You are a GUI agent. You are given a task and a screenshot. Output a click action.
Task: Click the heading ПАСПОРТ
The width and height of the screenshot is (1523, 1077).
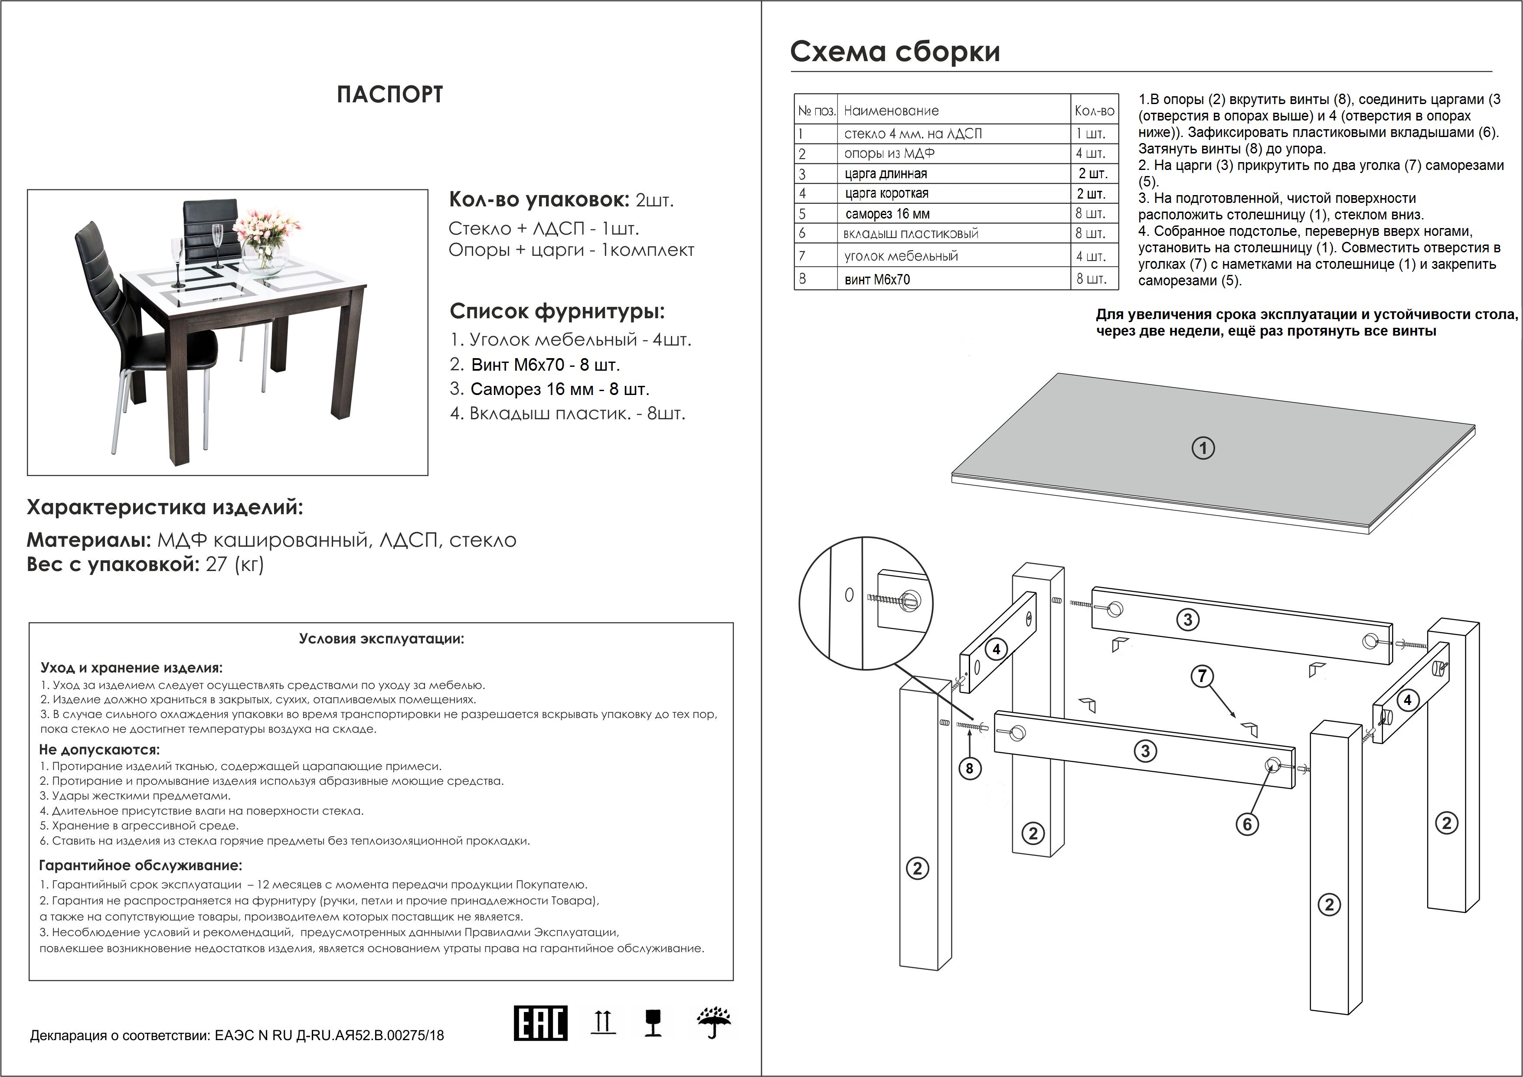389,95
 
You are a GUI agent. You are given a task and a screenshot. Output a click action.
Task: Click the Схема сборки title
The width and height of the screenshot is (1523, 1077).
895,52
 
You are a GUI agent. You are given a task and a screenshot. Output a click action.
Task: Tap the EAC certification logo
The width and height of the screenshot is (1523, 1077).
541,1023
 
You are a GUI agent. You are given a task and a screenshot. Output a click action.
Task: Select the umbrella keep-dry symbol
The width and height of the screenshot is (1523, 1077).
714,1023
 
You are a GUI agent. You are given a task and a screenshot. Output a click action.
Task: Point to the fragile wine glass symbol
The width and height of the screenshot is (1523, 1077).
654,1023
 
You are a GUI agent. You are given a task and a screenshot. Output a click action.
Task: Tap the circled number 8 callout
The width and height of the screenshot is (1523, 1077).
970,768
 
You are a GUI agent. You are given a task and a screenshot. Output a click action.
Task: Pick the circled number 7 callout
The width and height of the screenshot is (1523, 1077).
1203,676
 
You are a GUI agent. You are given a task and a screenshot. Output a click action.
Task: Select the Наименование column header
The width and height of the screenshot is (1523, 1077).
891,111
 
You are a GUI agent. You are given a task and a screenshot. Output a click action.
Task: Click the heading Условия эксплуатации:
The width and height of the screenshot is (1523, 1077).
382,639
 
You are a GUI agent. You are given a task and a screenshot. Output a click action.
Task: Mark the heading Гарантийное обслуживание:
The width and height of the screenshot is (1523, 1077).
141,865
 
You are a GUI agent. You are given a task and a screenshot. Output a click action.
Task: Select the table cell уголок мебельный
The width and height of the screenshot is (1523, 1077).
901,256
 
